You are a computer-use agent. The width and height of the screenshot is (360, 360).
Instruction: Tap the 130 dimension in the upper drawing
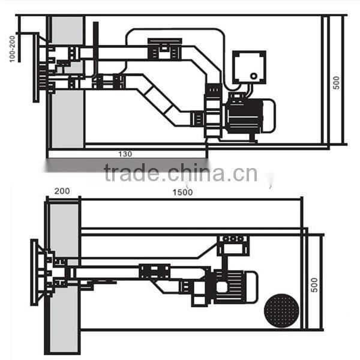point(125,154)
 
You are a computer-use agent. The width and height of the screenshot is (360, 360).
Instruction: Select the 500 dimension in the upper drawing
point(337,82)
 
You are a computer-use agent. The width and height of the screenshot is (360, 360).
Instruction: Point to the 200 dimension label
point(62,191)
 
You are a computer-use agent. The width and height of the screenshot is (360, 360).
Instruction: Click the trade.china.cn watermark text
point(180,173)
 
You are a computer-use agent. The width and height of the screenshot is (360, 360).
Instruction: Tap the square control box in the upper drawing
point(249,67)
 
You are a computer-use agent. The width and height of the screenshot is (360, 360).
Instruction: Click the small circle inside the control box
point(254,77)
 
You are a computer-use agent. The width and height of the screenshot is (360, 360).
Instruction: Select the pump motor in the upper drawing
point(246,116)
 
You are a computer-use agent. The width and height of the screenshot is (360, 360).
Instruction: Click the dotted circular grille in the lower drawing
point(281,310)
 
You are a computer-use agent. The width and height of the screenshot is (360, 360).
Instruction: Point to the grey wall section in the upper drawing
point(66,84)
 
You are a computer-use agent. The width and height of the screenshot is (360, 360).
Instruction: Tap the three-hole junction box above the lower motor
point(233,239)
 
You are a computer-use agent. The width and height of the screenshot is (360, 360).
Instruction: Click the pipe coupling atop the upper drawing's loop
point(164,47)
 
